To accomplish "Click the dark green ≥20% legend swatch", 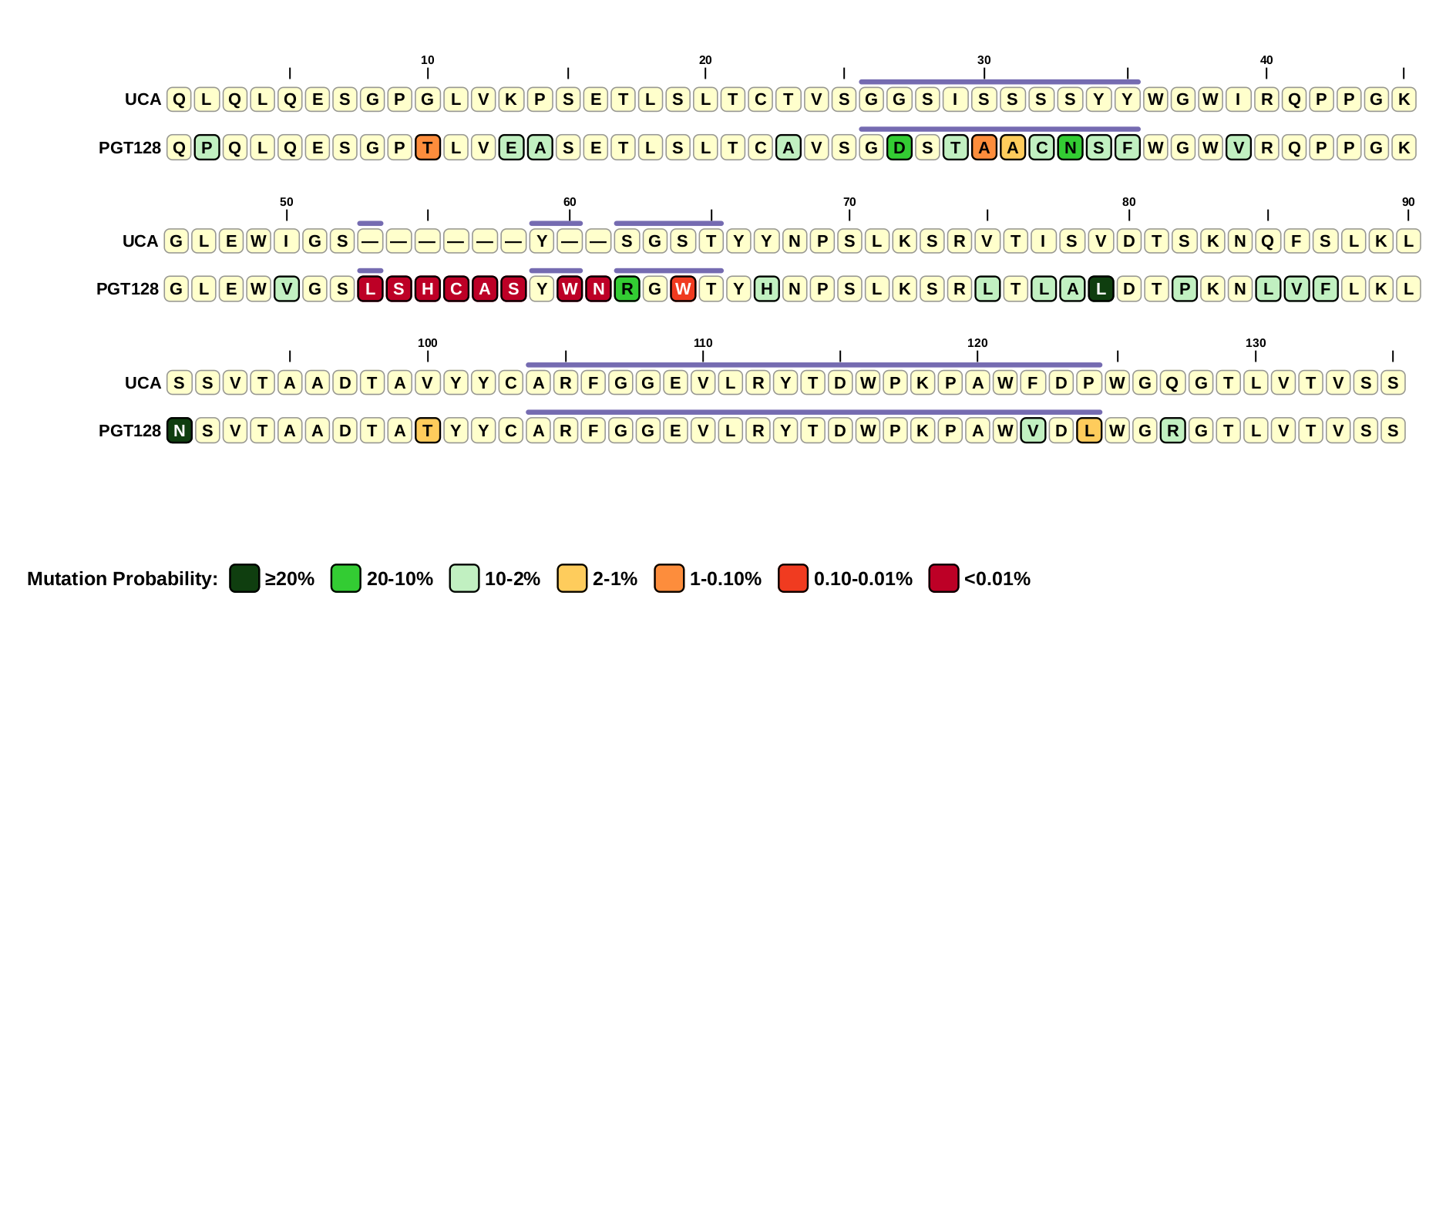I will tap(244, 578).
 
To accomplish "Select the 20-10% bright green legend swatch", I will tap(345, 578).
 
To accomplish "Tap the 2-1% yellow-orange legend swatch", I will tap(572, 578).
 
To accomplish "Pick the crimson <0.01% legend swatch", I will tap(943, 578).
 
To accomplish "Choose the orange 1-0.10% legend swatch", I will tap(669, 578).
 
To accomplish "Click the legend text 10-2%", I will tap(512, 579).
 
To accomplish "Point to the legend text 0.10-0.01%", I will tap(863, 579).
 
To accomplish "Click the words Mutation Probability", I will tap(122, 579).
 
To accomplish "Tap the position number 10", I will tap(428, 60).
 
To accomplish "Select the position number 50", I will tap(287, 202).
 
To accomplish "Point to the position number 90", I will tap(1408, 202).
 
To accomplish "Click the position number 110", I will tap(703, 343).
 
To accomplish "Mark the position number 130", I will tap(1256, 343).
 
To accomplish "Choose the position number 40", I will tap(1266, 60).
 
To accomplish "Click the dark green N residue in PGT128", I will tap(180, 430).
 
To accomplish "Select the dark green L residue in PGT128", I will tap(1101, 289).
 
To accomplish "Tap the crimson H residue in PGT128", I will tap(427, 289).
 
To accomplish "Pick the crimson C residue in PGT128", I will tap(456, 289).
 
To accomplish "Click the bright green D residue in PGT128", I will tap(899, 147).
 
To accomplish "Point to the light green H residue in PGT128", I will tap(766, 289).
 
